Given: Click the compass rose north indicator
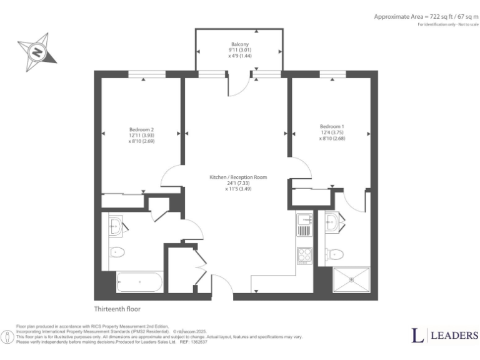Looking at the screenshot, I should (x=37, y=51).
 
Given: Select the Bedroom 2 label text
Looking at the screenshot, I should (x=141, y=136).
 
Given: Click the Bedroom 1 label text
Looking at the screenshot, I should (x=332, y=132).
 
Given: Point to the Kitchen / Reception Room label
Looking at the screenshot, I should (x=238, y=183).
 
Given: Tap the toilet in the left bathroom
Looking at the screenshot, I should (x=117, y=252).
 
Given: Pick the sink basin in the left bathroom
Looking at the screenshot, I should (x=116, y=227).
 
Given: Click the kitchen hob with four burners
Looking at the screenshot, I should (x=304, y=256).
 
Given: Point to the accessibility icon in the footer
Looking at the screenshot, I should (x=7, y=337).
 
